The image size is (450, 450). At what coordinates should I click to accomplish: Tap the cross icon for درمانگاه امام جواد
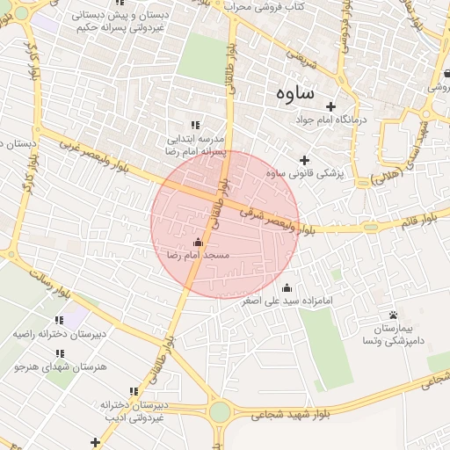click(330, 106)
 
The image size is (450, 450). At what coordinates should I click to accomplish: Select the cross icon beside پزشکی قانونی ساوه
click(305, 160)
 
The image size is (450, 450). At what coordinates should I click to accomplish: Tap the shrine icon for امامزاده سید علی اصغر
click(287, 287)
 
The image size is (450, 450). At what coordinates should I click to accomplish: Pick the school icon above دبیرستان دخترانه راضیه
click(59, 321)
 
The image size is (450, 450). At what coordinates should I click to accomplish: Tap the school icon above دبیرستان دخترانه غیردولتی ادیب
click(134, 391)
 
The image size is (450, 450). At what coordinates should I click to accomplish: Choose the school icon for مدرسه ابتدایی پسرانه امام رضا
click(195, 126)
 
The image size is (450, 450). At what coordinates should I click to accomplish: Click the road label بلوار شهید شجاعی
click(298, 411)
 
